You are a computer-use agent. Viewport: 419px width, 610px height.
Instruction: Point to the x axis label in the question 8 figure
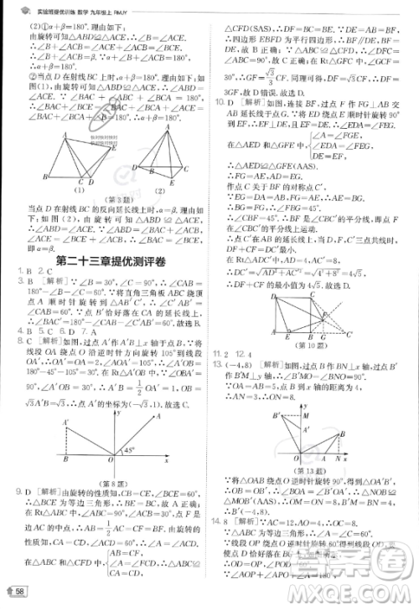(166, 461)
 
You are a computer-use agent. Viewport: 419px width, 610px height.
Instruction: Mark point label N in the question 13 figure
(336, 459)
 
